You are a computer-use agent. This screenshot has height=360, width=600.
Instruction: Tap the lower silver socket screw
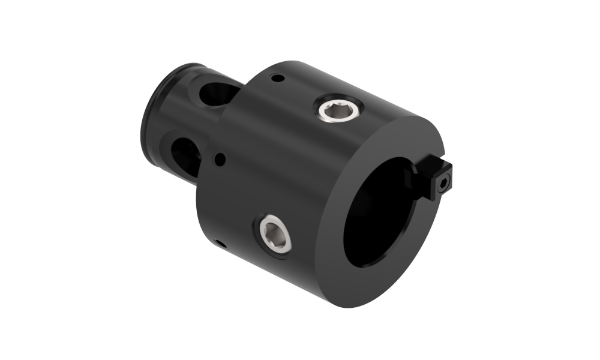275,233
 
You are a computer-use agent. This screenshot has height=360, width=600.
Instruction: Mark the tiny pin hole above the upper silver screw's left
277,77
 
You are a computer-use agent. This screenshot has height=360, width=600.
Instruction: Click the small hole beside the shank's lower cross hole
220,160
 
